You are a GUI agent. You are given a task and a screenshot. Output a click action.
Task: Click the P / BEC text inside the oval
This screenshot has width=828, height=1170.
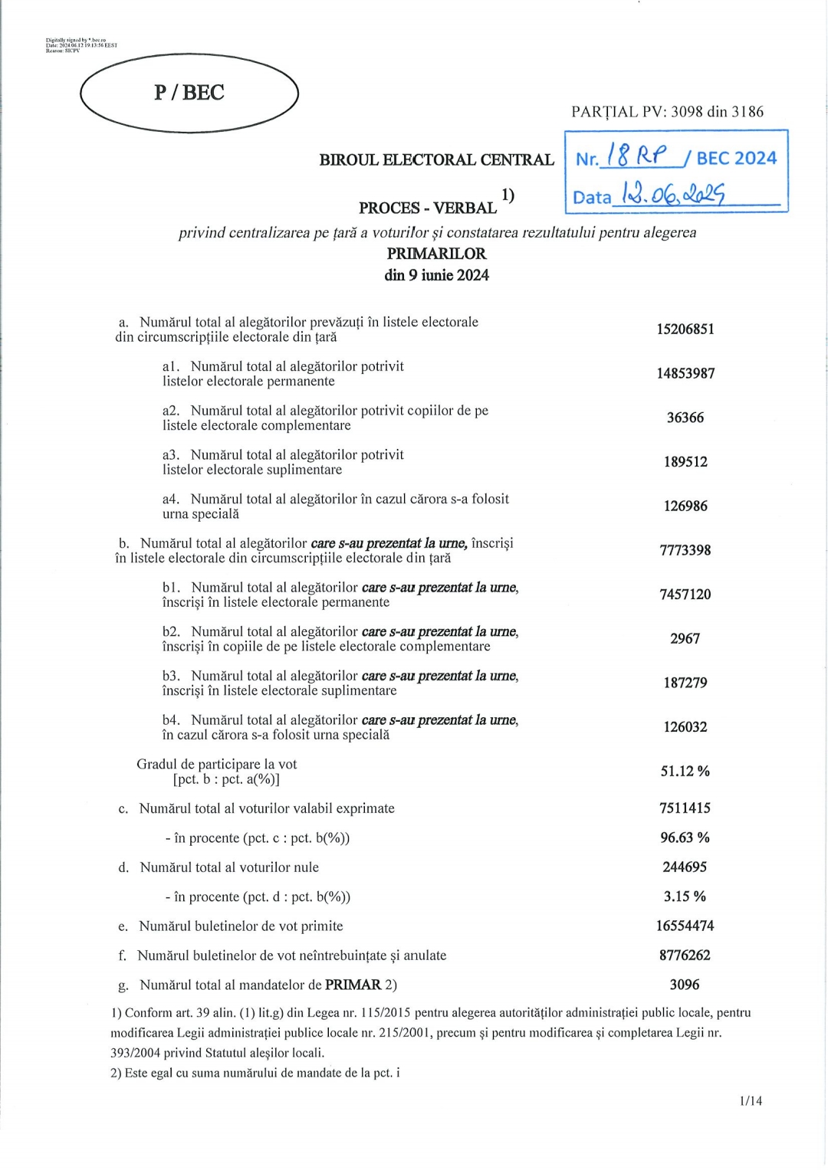coord(189,93)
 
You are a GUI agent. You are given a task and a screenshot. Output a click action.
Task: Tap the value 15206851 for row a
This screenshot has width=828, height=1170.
coord(685,329)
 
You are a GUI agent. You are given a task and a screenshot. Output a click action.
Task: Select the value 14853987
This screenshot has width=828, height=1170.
coord(685,374)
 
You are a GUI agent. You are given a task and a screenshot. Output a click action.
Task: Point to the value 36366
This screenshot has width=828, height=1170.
coord(685,418)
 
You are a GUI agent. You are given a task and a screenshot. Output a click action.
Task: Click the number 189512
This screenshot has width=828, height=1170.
coord(685,462)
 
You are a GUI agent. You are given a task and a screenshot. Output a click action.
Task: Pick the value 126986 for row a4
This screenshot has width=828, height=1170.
coord(685,506)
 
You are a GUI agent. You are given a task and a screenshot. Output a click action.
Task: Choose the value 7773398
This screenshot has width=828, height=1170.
coord(685,550)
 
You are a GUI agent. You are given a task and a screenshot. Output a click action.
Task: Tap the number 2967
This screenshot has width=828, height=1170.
coord(685,639)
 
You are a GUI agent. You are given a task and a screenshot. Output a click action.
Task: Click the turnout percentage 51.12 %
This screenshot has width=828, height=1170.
coord(685,772)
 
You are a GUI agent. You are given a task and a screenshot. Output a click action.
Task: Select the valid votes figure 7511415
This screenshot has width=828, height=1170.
coord(685,808)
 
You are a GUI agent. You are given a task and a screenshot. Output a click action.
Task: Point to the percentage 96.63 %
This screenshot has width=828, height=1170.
coord(685,838)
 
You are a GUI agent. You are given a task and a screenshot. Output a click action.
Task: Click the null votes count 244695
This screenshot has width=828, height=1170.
coord(685,867)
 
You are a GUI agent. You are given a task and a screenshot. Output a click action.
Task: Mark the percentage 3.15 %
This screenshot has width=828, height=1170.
coord(685,896)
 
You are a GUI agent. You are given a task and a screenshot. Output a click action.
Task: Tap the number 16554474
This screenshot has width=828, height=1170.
coord(685,926)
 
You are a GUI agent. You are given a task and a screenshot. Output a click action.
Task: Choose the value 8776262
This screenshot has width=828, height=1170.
coord(685,955)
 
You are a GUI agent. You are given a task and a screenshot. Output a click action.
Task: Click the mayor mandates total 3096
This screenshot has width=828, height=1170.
coord(685,985)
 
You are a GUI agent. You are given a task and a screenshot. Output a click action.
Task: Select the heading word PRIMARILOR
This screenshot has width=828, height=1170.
coord(436,254)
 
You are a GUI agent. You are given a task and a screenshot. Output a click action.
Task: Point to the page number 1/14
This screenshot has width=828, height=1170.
coord(751,1101)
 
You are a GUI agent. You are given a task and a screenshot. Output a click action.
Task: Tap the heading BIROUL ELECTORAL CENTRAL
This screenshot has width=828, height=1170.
coord(436,160)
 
